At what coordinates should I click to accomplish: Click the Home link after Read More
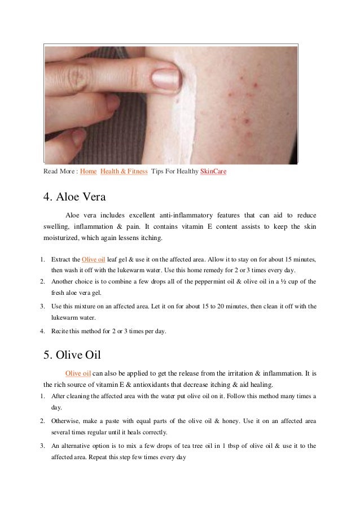[88, 171]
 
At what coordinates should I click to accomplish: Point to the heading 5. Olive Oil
[72, 355]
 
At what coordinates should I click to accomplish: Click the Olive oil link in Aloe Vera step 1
[94, 259]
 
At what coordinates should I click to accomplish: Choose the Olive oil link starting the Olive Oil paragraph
[78, 373]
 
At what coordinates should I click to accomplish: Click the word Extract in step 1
[61, 259]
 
